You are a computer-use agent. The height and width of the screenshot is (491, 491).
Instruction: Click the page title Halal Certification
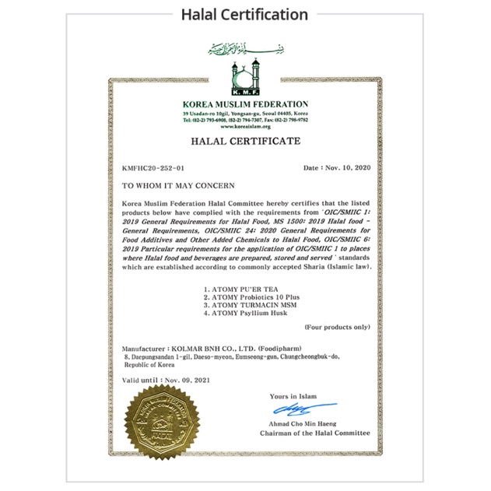(245, 14)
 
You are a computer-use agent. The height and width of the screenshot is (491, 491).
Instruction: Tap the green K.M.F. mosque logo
(245, 79)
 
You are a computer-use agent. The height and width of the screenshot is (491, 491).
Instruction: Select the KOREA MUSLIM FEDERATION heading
(245, 104)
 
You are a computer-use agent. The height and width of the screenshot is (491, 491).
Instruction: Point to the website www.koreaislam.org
(245, 126)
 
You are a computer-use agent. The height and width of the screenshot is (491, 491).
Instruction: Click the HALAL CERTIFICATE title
(245, 142)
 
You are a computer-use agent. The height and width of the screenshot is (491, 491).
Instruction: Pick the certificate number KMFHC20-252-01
(154, 168)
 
